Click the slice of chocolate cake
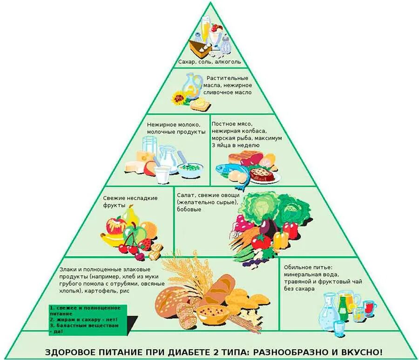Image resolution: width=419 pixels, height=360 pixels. click(198, 48)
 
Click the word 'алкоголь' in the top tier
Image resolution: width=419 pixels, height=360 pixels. click(228, 62)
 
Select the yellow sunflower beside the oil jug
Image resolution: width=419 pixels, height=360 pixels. click(179, 98)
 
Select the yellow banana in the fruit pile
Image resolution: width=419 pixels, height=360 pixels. click(113, 240)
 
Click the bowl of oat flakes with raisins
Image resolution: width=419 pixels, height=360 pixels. click(212, 313)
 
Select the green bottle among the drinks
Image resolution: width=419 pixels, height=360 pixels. click(343, 307)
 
